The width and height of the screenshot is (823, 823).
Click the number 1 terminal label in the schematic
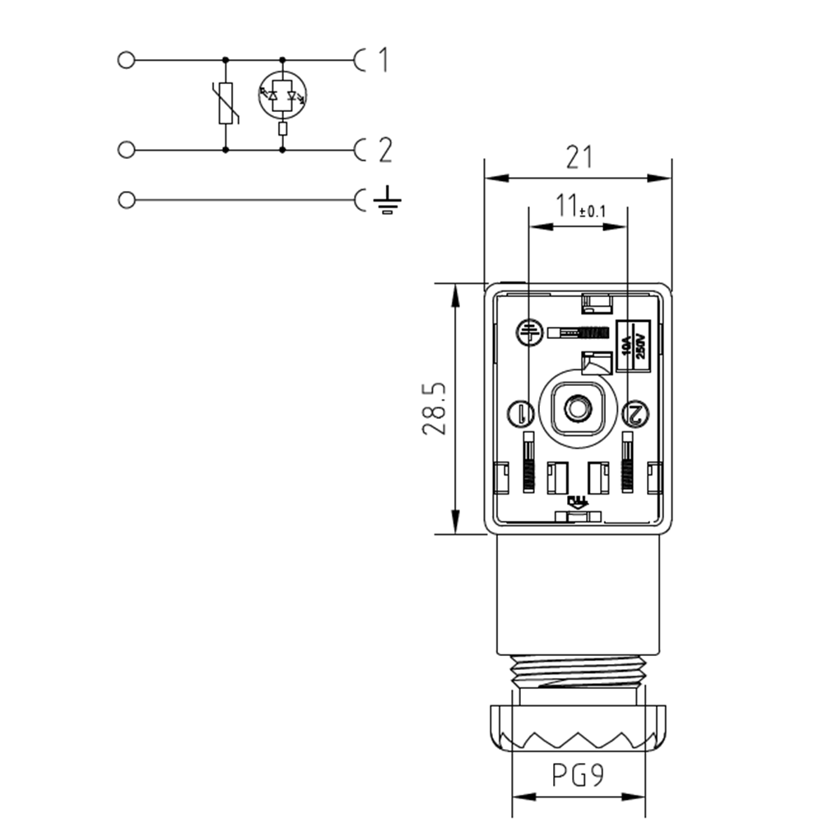[382, 60]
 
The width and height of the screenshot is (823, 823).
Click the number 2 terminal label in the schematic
[384, 151]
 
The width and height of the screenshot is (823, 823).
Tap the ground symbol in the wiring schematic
[387, 200]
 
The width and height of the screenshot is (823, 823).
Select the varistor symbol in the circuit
[226, 104]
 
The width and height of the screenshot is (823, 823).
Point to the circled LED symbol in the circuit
[282, 95]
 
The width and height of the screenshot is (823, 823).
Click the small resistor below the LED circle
[283, 129]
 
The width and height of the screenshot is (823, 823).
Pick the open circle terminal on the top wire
[126, 60]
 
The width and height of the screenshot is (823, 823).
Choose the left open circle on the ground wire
[126, 200]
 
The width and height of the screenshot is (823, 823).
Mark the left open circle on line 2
[126, 150]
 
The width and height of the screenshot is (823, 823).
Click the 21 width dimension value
[579, 157]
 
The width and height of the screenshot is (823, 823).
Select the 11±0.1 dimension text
[579, 207]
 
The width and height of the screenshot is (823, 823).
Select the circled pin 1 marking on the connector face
[523, 411]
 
